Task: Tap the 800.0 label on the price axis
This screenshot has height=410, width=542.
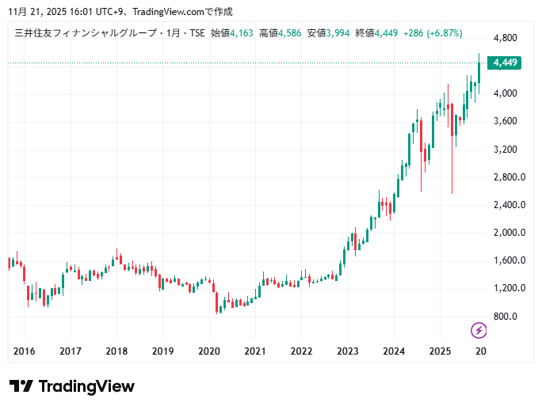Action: coord(506,316)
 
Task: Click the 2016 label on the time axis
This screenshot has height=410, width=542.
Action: coord(25,351)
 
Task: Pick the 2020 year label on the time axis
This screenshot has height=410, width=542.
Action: coord(208,351)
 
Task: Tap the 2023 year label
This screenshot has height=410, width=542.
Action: coord(347,351)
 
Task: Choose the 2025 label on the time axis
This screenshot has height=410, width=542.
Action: coord(439,351)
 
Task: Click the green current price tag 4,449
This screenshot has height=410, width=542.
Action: coord(506,63)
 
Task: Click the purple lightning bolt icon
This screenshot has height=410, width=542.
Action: coord(479,330)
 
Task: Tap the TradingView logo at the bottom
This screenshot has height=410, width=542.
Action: coord(72,386)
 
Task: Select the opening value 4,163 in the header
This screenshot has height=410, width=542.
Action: coord(242,33)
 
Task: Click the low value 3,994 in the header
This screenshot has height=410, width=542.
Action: coord(338,33)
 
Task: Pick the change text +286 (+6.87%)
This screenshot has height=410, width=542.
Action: coord(433,33)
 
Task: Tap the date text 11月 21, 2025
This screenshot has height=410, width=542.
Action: coord(36,12)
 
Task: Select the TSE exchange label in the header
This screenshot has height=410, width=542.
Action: coord(194,33)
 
